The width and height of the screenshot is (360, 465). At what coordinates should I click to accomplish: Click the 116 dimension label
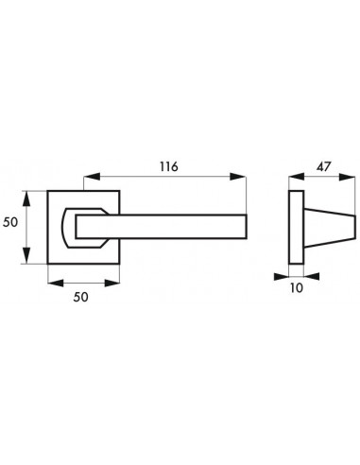click(169, 166)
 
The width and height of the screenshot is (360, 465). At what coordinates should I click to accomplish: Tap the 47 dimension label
click(324, 166)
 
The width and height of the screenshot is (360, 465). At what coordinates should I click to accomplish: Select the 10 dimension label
click(296, 287)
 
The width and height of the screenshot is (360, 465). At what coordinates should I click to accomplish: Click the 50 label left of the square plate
click(10, 222)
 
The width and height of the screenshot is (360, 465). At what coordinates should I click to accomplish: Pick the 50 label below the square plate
click(81, 297)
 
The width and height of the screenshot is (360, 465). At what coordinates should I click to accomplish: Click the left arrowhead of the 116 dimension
click(92, 177)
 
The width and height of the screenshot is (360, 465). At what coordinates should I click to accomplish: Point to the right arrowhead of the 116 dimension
click(237, 177)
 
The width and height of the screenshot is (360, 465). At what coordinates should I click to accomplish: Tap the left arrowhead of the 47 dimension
click(297, 177)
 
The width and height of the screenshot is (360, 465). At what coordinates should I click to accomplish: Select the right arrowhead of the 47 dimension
click(347, 177)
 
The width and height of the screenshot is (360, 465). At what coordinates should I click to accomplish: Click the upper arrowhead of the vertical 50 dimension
click(27, 198)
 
